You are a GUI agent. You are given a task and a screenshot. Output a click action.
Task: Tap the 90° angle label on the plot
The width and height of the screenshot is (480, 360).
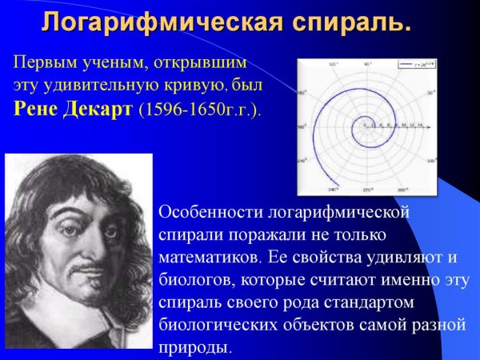coord(366,62)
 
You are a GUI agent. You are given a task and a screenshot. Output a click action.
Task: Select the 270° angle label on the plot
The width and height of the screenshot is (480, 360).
coord(366,190)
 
